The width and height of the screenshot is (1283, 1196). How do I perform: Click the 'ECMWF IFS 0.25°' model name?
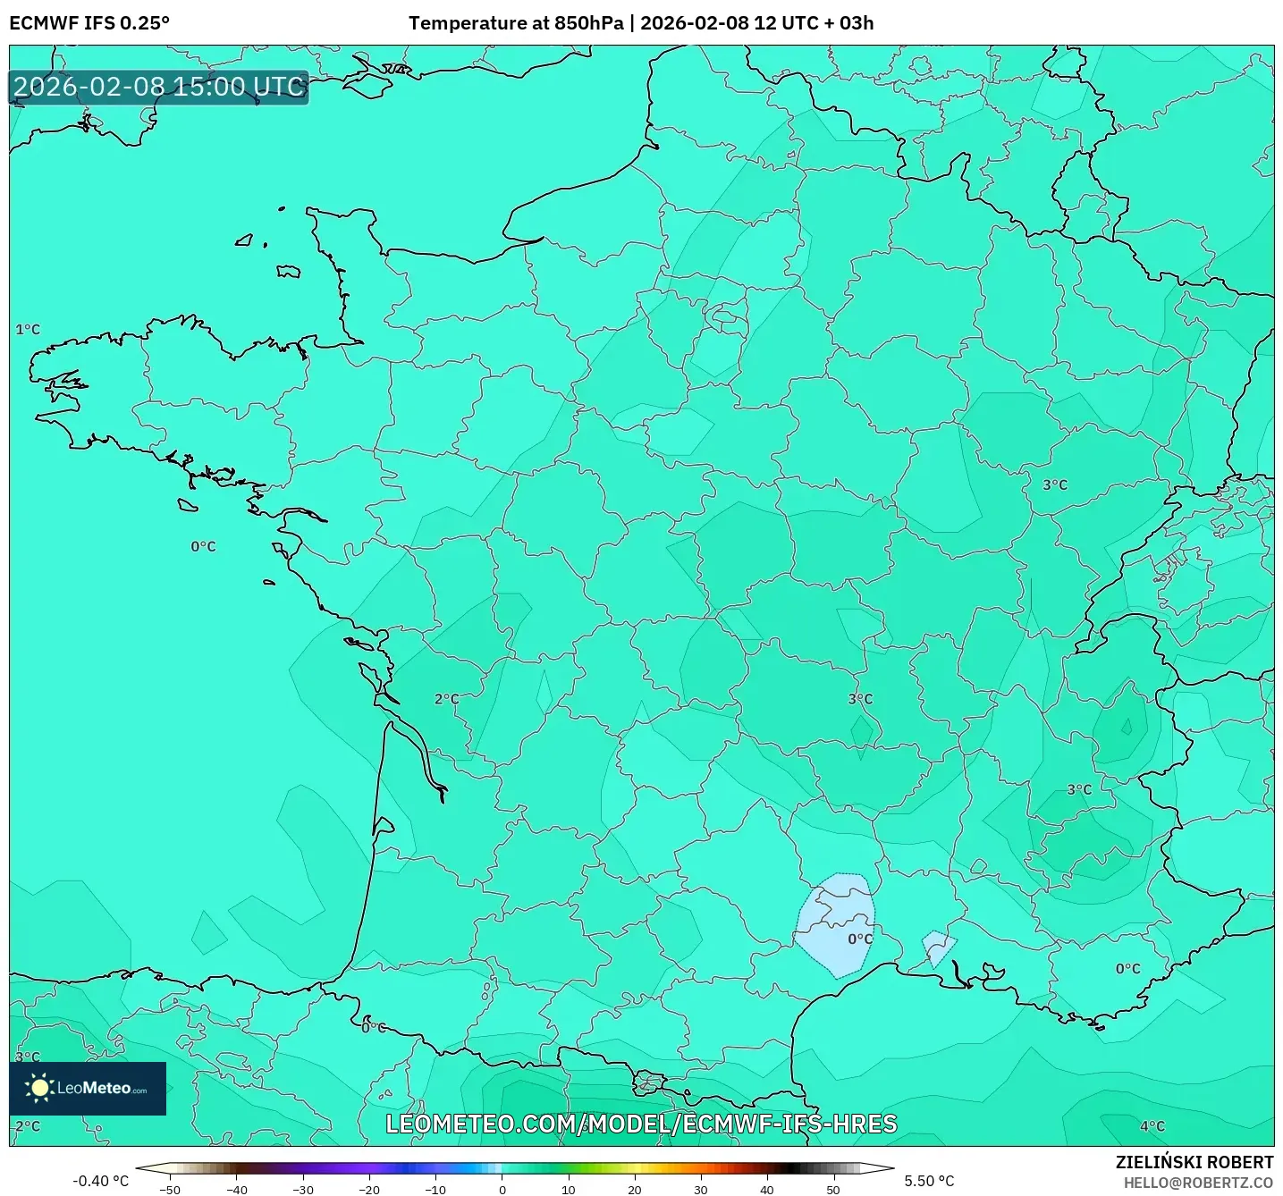click(89, 23)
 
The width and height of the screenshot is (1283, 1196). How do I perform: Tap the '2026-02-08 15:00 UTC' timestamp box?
click(159, 88)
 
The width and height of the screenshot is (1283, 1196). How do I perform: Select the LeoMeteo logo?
click(88, 1088)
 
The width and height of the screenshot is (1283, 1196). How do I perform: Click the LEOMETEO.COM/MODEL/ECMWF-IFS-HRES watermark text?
click(641, 1124)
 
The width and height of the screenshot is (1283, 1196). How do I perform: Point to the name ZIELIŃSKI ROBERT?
click(1194, 1162)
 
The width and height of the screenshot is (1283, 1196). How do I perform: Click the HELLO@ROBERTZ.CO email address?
click(1198, 1183)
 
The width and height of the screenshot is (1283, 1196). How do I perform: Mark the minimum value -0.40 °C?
click(100, 1181)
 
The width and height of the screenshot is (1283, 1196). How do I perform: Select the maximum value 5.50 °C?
click(929, 1181)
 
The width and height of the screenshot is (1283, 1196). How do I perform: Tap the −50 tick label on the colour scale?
click(169, 1190)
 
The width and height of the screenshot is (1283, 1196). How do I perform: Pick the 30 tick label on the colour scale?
click(700, 1190)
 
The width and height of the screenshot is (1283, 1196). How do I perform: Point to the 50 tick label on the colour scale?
click(832, 1190)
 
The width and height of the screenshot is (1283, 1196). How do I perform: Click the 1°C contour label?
click(28, 330)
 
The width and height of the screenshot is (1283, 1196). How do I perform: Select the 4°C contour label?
click(1152, 1126)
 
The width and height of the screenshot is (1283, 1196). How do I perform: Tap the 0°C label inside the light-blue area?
click(860, 939)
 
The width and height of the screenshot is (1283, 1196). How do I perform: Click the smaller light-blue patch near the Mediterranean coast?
click(938, 947)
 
